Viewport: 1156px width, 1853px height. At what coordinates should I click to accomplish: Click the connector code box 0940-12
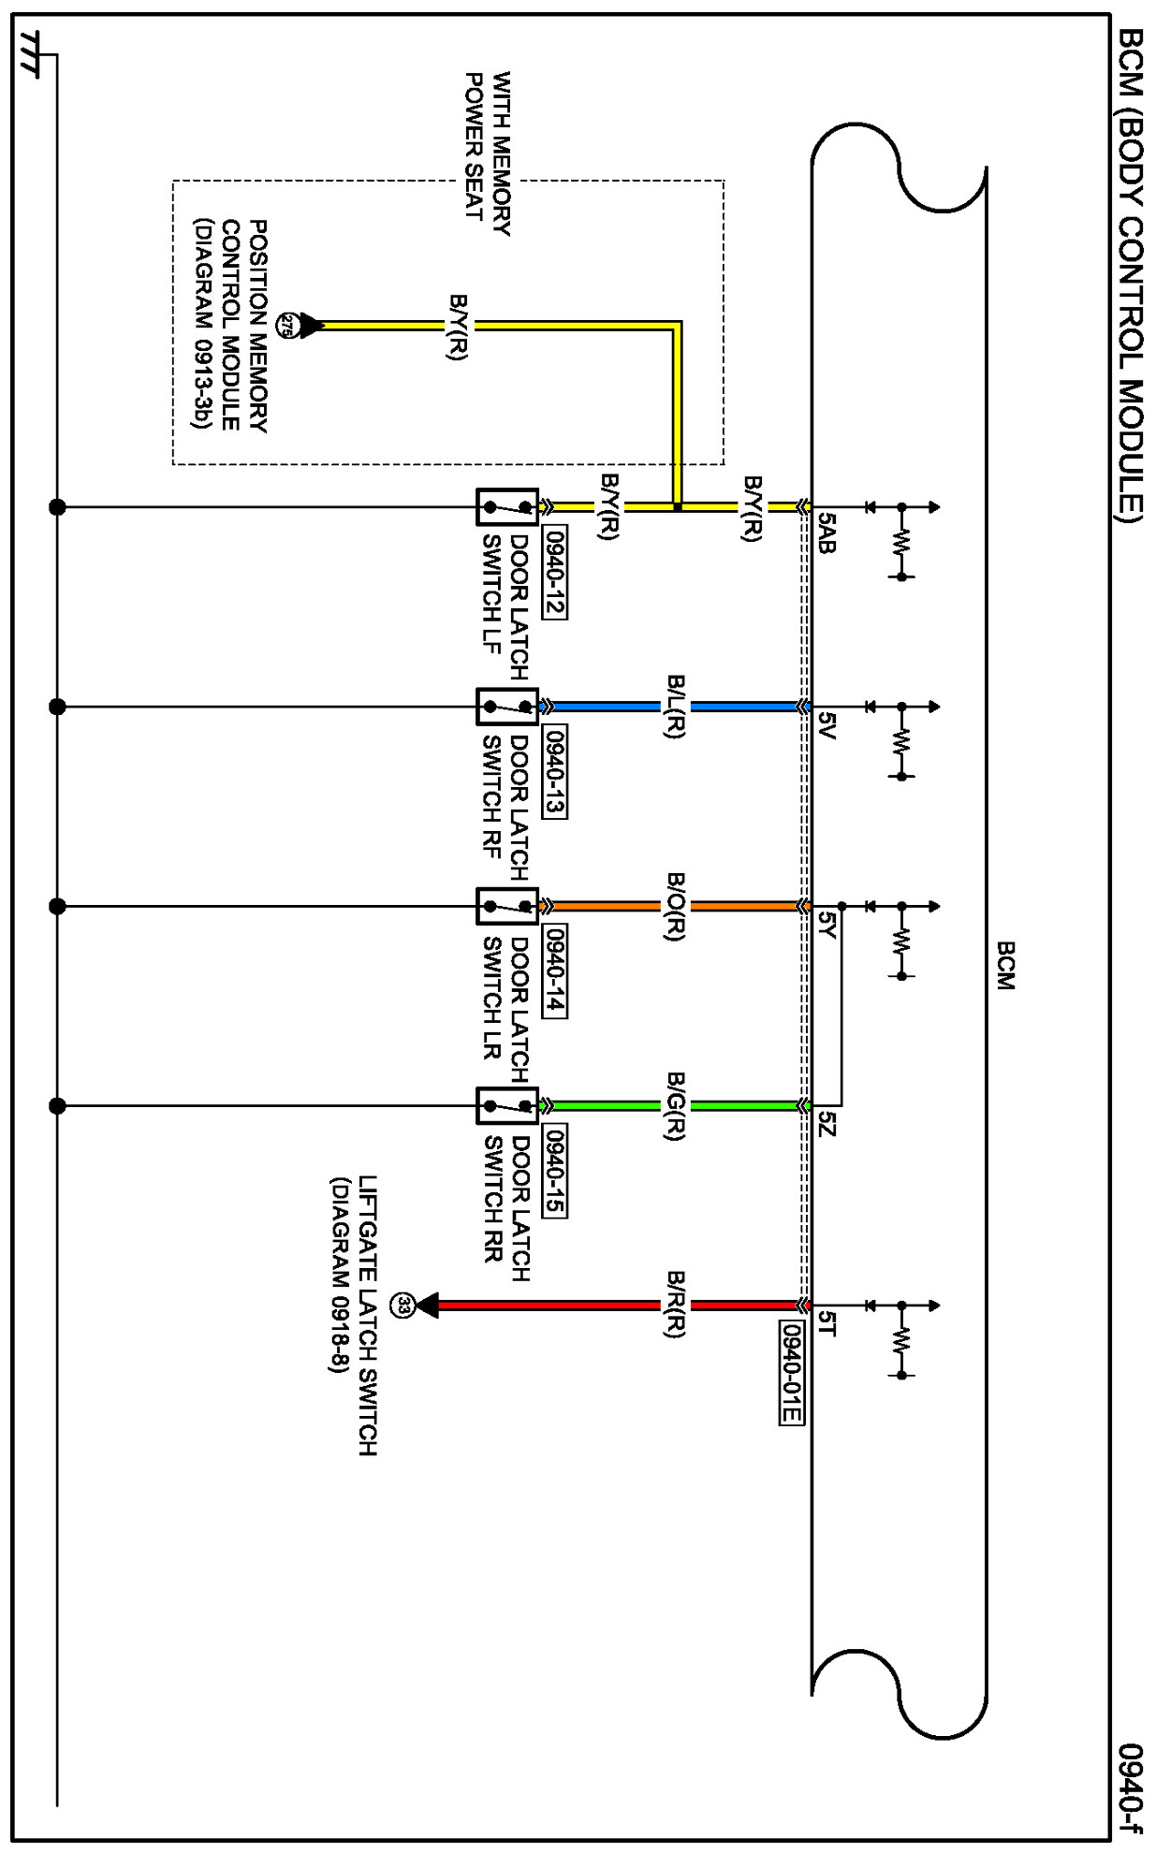(554, 572)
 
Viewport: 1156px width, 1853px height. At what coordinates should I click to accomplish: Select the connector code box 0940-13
(554, 772)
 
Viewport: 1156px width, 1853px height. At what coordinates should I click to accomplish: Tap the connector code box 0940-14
(554, 971)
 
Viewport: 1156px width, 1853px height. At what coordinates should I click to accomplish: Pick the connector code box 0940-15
(554, 1171)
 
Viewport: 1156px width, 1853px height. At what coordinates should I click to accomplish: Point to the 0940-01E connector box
(791, 1372)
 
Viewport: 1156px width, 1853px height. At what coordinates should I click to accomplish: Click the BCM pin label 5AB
(826, 533)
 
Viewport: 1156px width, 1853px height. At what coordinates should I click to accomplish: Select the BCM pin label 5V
(826, 724)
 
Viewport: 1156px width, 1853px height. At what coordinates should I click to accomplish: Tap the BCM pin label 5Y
(826, 925)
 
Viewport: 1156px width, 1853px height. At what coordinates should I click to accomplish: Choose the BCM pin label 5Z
(826, 1124)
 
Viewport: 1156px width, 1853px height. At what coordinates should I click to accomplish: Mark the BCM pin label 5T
(826, 1322)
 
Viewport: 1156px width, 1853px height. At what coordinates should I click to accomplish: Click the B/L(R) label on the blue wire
(675, 707)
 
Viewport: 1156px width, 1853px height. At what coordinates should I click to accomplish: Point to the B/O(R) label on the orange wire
(675, 906)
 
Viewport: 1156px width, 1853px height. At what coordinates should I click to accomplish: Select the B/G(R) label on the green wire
(675, 1105)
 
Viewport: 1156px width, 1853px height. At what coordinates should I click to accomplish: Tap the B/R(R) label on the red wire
(675, 1305)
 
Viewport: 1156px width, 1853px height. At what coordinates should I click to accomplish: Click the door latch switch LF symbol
(507, 507)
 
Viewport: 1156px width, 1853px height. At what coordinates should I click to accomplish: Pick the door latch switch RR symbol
(507, 1105)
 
